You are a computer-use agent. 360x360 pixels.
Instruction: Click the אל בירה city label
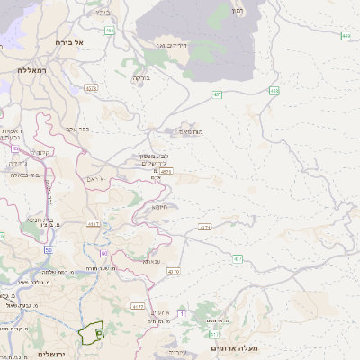[x=67, y=42]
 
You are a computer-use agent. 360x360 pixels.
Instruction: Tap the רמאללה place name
[x=31, y=69]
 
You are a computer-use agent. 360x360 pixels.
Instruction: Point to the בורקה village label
[x=142, y=78]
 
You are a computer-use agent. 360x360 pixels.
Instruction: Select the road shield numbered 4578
[x=91, y=88]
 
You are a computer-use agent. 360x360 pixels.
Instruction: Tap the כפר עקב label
[x=78, y=129]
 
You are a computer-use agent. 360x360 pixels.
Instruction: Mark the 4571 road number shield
[x=167, y=170]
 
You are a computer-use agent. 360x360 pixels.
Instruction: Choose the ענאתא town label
[x=151, y=261]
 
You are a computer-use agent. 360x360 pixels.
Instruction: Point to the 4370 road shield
[x=173, y=271]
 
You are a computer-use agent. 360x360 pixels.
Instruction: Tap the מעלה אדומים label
[x=234, y=347]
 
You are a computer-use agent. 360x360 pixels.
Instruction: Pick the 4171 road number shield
[x=205, y=227]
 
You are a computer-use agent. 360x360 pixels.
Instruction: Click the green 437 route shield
[x=217, y=94]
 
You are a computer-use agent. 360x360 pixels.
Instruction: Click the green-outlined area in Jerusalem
[x=90, y=335]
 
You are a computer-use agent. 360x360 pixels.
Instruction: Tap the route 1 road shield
[x=181, y=313]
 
